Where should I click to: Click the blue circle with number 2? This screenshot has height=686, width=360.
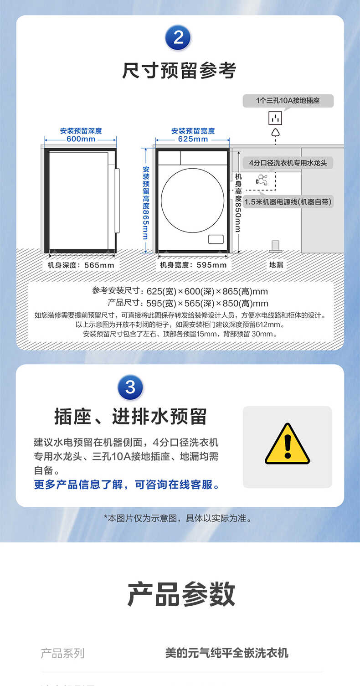178,37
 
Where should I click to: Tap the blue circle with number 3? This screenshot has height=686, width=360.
130,387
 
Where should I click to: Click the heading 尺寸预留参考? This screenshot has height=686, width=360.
179,71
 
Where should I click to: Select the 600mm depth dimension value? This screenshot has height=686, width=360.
81,139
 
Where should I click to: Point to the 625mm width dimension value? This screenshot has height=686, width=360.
193,139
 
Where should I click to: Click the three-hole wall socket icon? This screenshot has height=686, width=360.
275,118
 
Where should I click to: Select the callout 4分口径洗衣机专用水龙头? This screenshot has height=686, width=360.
288,163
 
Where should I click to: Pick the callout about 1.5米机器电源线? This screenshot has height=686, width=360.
288,201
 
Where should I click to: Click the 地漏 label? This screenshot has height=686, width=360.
276,264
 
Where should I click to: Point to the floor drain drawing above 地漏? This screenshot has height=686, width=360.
276,246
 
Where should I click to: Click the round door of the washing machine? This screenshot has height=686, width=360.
192,200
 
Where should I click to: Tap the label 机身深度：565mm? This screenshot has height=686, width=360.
81,265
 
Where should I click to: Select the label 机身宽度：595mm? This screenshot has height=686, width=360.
193,265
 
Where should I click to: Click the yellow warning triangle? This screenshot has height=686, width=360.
287,444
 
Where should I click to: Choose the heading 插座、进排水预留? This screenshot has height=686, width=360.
130,416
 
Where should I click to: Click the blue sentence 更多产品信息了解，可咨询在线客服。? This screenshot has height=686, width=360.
127,485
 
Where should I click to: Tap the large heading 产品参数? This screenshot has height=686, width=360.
181,594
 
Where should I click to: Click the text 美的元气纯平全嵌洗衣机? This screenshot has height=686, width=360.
226,653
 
